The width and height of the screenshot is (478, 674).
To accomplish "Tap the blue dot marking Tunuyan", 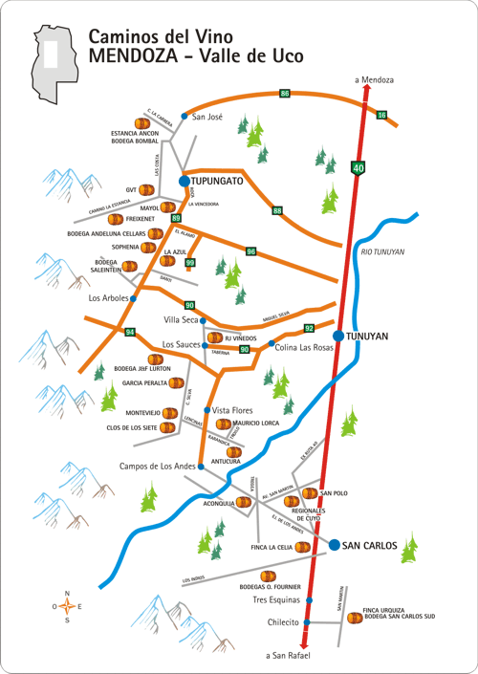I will coord(338,336).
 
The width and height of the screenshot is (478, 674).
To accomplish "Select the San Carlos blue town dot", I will coord(335,545).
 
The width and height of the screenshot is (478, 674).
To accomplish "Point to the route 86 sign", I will coord(285,93).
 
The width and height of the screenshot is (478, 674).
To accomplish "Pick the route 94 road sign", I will coord(130,331).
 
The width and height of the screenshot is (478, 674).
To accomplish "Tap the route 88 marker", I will coord(277,210).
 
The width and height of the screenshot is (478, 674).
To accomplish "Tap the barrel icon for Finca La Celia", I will coord(302,548).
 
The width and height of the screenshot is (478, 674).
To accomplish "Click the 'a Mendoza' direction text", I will coord(374,79).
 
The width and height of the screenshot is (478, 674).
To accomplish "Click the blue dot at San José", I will coord(185,117).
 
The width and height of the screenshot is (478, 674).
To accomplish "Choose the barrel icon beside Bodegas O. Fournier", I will coord(269,576).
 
